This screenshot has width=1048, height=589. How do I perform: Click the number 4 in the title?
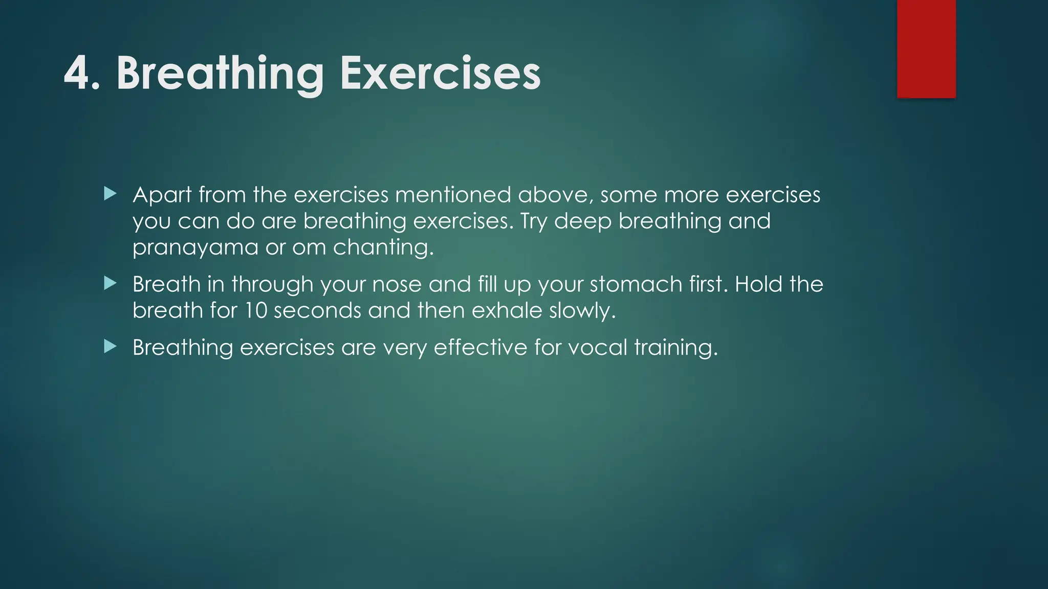pos(77,74)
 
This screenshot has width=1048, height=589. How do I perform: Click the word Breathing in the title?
pos(220,75)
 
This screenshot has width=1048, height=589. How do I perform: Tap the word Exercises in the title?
pos(440,74)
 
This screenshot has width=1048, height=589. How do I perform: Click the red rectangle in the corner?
pos(926,49)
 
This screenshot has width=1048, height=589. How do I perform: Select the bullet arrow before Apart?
pos(110,194)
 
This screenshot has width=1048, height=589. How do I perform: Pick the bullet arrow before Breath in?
pos(110,283)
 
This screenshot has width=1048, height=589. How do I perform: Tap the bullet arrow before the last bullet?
pos(110,347)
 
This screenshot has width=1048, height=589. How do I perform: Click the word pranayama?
pos(195,248)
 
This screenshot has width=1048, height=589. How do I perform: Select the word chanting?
pos(383,248)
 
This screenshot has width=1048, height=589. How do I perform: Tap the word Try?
pos(534,221)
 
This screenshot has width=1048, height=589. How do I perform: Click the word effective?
pos(480,348)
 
